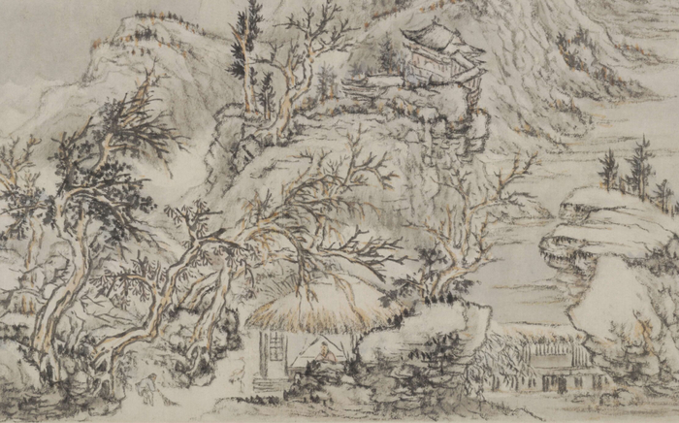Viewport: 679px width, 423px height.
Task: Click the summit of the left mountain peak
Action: click(136, 24)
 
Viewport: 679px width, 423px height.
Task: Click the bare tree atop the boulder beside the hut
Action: click(456, 223)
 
